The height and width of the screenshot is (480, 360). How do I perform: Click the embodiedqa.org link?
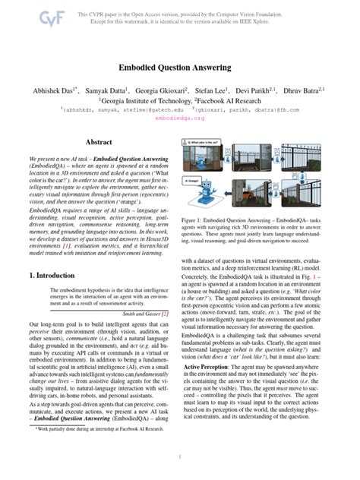[179, 118]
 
